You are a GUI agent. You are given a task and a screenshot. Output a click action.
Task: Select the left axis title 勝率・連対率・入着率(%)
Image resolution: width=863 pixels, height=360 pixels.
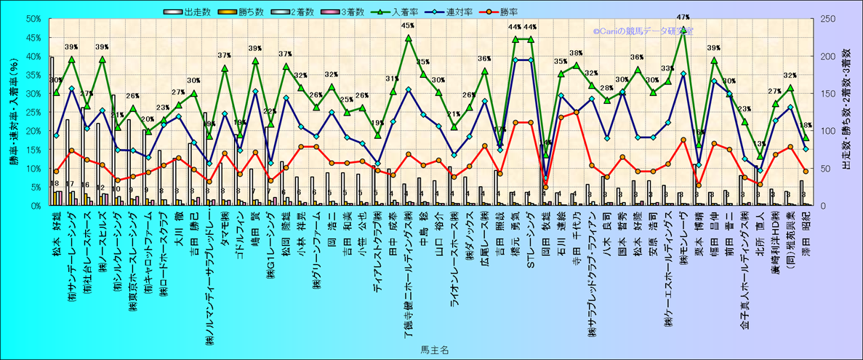[13, 113]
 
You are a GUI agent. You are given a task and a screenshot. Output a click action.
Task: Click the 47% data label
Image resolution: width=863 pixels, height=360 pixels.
[683, 17]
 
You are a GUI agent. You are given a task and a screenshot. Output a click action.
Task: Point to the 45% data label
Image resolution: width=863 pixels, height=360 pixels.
[408, 26]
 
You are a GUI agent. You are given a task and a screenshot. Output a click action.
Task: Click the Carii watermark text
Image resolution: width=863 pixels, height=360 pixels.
[643, 32]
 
